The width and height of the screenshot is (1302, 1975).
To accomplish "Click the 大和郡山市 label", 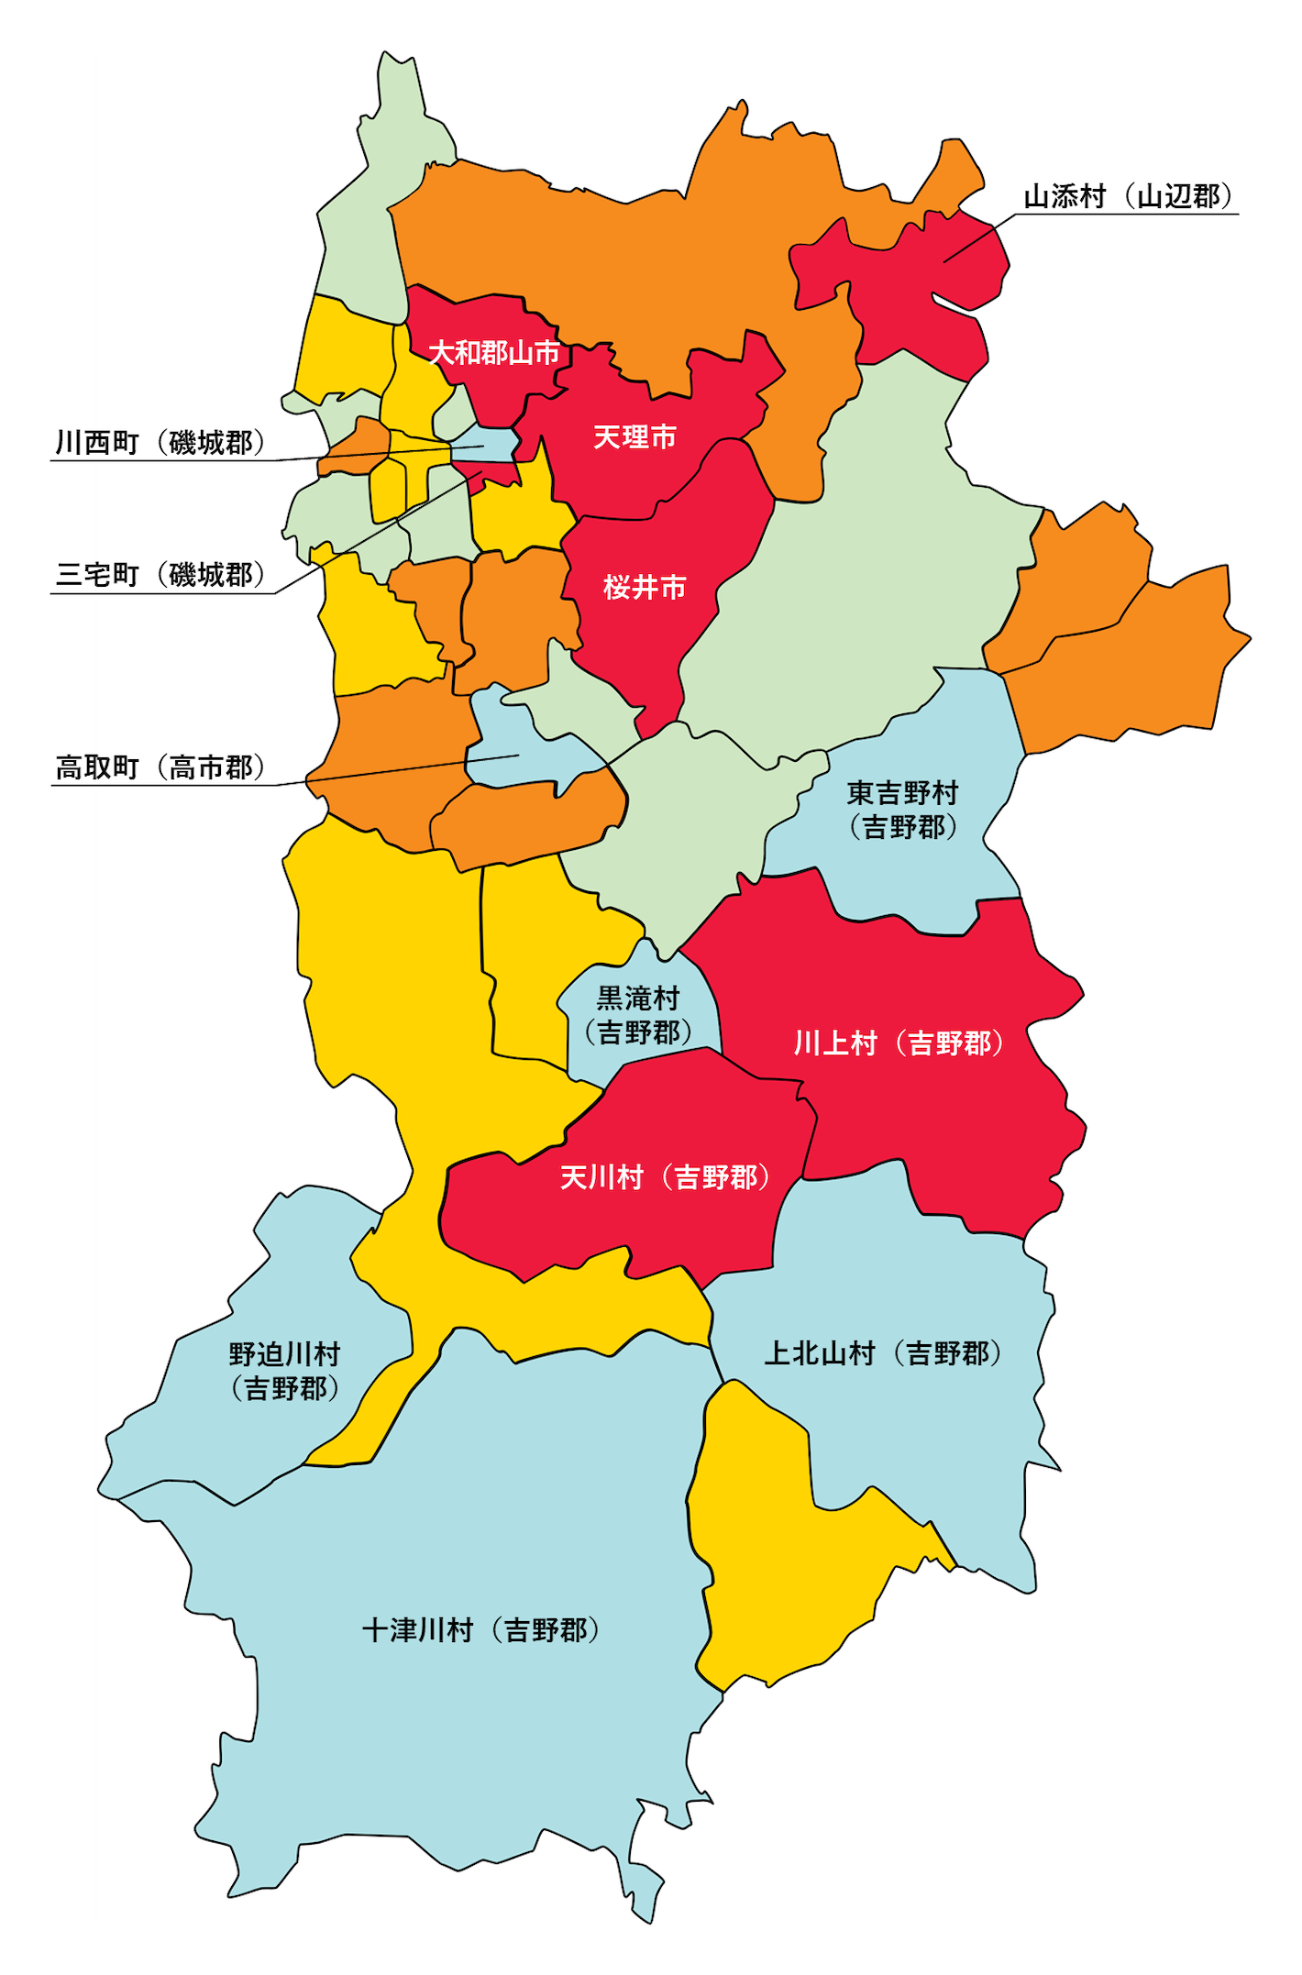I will pyautogui.click(x=493, y=352).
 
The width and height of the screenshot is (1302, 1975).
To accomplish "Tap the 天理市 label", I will pyautogui.click(x=634, y=436).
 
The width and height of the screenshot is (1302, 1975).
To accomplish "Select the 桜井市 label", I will pyautogui.click(x=644, y=587).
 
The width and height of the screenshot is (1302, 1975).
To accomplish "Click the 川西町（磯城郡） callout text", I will pyautogui.click(x=160, y=443).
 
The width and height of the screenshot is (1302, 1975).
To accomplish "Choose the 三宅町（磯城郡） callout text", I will pyautogui.click(x=160, y=575).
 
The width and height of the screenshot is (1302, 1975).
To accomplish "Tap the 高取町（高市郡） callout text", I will pyautogui.click(x=160, y=767).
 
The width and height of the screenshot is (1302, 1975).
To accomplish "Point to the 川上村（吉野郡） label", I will pyautogui.click(x=899, y=1043).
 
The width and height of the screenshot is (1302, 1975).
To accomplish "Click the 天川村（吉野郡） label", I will pyautogui.click(x=665, y=1176).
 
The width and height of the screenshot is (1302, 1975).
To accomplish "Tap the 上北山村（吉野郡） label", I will pyautogui.click(x=882, y=1353).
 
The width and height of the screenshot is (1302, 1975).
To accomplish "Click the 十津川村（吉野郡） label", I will pyautogui.click(x=481, y=1629).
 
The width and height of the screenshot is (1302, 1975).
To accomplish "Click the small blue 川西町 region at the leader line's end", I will pyautogui.click(x=491, y=444).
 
